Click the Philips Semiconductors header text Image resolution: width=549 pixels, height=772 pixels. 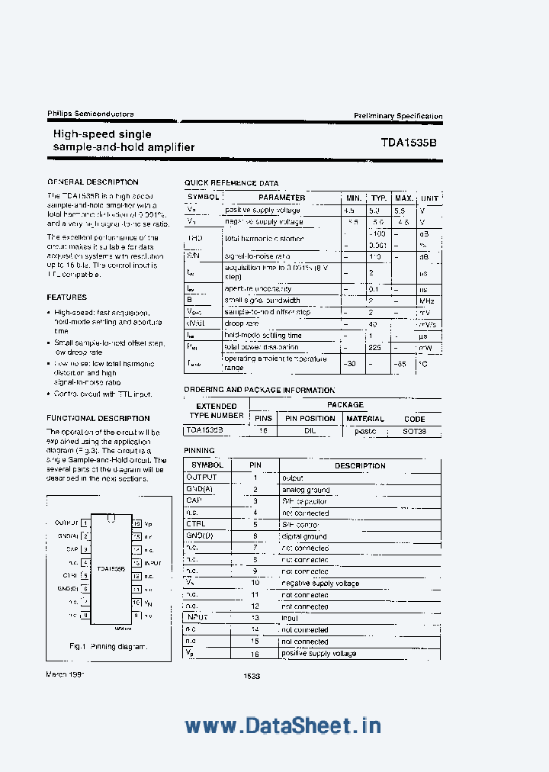tap(90, 114)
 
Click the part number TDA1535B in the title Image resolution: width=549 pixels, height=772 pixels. tap(409, 142)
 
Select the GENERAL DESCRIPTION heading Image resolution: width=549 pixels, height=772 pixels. tap(93, 182)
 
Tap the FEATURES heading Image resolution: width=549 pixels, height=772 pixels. tap(67, 298)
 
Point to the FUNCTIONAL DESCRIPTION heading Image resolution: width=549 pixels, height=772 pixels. tap(98, 418)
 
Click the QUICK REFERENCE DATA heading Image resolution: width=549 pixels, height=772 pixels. tap(231, 184)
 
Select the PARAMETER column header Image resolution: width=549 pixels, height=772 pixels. tap(281, 198)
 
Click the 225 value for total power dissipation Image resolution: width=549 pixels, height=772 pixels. tap(374, 347)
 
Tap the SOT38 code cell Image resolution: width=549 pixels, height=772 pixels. tap(414, 431)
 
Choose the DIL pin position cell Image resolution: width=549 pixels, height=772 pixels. tap(310, 431)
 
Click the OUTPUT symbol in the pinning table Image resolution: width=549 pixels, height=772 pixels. tap(202, 478)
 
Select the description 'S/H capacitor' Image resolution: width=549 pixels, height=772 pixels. tap(304, 501)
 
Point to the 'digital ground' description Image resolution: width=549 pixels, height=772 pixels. tap(304, 536)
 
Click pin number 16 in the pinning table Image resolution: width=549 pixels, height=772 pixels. tap(255, 654)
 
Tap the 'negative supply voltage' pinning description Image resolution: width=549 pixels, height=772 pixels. tap(320, 584)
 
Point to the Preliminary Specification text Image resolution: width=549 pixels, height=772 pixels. tap(397, 116)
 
